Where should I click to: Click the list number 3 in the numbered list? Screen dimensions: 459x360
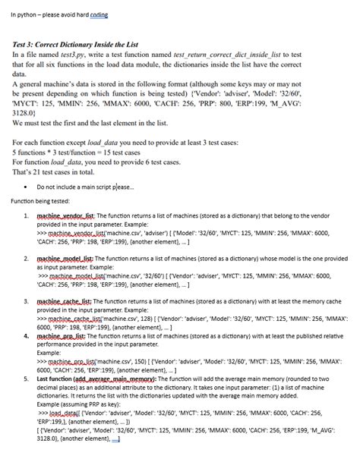pos(27,301)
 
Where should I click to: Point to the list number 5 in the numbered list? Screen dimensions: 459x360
pos(27,378)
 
